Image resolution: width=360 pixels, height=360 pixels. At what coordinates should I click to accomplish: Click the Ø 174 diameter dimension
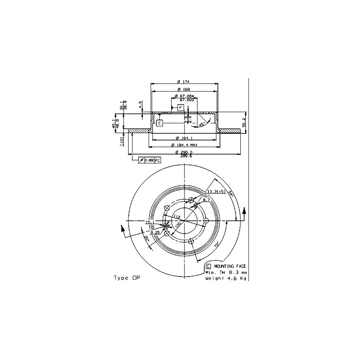(x=184, y=82)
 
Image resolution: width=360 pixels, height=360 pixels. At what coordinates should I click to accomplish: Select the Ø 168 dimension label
(x=184, y=91)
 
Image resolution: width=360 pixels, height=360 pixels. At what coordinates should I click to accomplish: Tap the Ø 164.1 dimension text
(x=184, y=138)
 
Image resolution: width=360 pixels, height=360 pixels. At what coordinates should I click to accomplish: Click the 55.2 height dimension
(x=244, y=122)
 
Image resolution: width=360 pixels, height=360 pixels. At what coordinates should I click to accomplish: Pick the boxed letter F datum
(x=181, y=107)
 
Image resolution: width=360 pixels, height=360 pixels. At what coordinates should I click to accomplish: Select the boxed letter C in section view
(x=159, y=123)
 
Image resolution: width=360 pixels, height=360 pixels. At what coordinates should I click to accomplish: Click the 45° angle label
(x=203, y=123)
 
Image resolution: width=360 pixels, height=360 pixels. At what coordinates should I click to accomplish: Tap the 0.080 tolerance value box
(x=149, y=160)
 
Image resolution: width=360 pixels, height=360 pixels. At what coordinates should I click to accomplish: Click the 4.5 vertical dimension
(x=140, y=105)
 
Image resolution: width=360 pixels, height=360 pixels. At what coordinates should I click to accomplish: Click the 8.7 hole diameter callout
(x=206, y=200)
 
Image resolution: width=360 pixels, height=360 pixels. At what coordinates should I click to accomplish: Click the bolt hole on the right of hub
(x=206, y=221)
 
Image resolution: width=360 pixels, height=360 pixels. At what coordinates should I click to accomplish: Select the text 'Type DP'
(x=127, y=278)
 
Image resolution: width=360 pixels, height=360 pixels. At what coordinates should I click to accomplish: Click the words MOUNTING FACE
(x=229, y=266)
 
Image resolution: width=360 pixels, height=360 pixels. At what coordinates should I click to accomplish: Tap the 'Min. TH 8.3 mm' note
(x=226, y=272)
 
